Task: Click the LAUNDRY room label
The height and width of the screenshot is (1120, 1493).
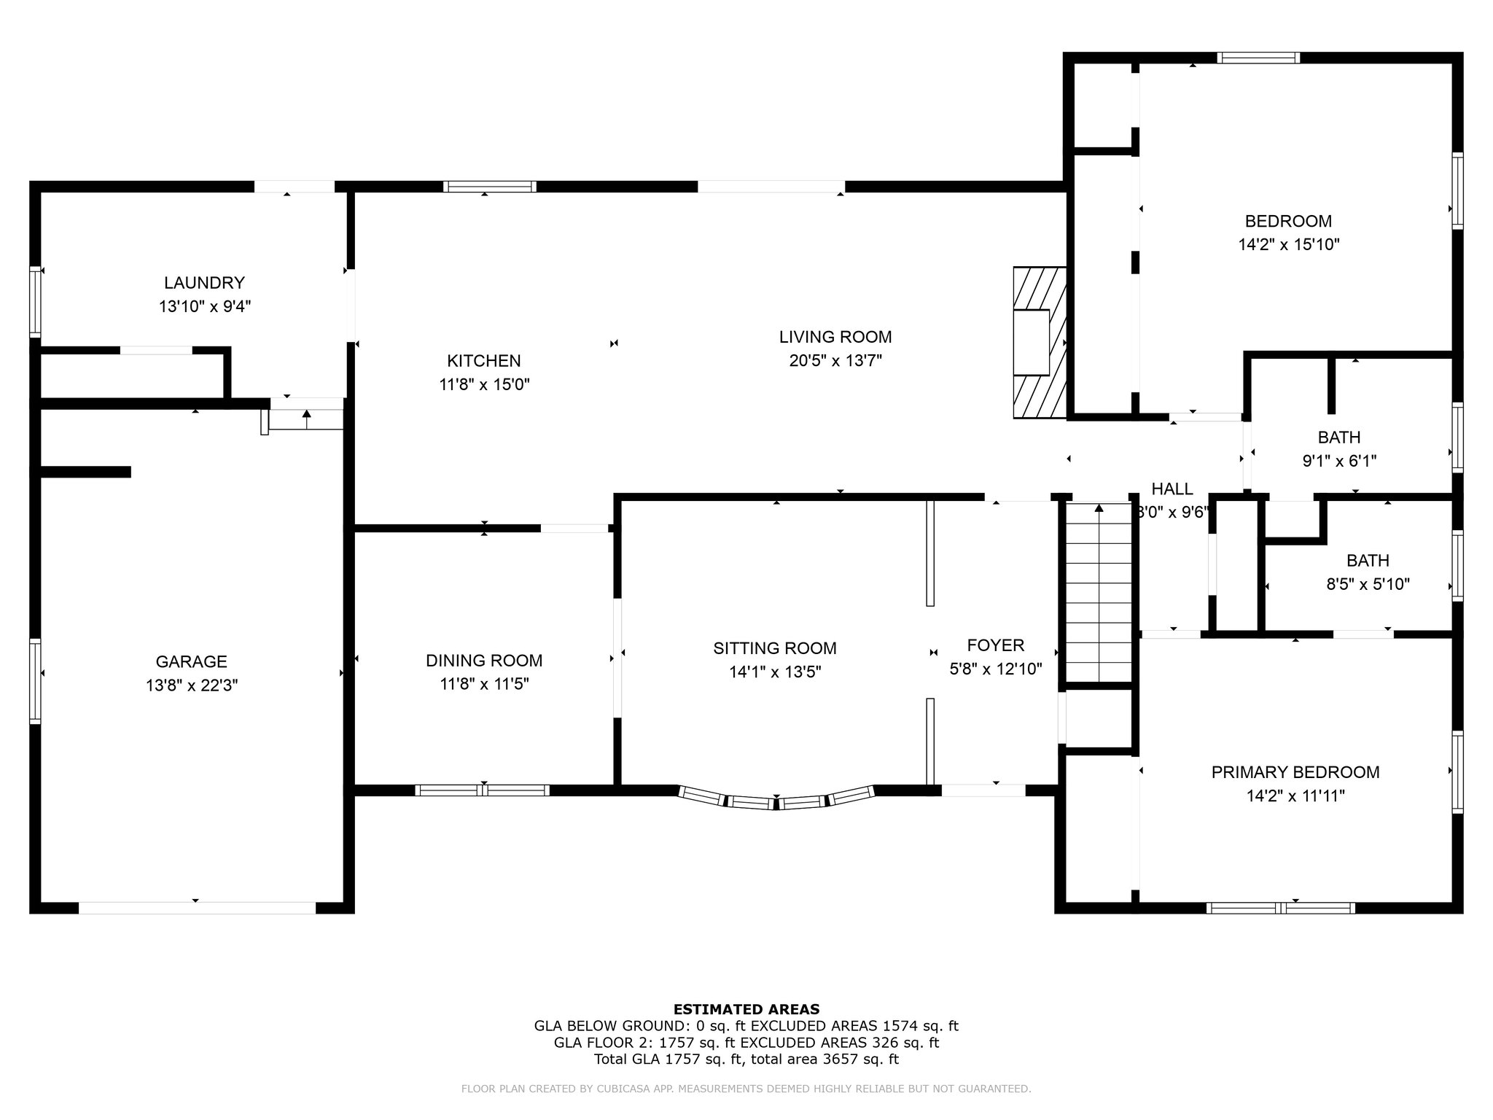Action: (204, 282)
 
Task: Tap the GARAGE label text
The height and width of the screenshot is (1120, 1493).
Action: (191, 661)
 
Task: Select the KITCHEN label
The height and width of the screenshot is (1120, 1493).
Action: (484, 360)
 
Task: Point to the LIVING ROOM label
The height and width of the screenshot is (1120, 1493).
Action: (835, 337)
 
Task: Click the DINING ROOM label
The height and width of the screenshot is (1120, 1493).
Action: (484, 661)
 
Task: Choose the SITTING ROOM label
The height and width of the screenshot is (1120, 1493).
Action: (775, 648)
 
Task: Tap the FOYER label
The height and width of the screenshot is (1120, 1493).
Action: (996, 645)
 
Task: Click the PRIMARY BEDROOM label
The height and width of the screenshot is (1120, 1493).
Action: (1295, 772)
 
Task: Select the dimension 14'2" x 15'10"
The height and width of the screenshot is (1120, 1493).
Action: (1289, 244)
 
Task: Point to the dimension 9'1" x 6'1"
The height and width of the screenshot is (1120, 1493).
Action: (1339, 461)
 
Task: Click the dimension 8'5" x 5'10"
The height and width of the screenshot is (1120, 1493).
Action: (1368, 584)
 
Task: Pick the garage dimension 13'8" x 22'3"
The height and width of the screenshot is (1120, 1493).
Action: (192, 685)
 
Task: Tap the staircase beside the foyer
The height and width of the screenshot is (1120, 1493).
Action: (1099, 592)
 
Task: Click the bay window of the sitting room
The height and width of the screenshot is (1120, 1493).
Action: (776, 800)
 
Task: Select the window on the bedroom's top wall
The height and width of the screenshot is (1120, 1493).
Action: (1258, 58)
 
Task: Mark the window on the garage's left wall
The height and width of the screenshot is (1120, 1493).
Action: (35, 681)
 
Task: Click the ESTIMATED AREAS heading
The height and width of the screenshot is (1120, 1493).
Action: (746, 1009)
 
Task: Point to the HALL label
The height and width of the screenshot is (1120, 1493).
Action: (1172, 489)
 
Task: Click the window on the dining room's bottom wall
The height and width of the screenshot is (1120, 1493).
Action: (483, 790)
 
